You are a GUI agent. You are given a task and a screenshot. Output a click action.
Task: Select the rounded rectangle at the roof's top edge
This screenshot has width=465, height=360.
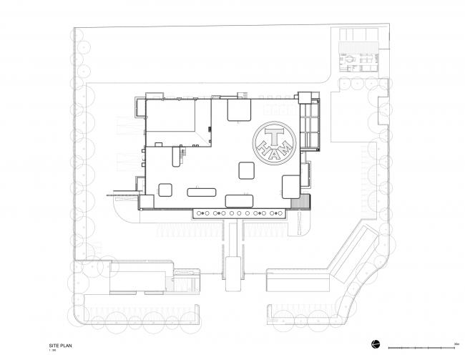point(238,110)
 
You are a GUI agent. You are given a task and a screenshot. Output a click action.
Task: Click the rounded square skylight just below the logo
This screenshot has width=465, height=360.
point(247,170)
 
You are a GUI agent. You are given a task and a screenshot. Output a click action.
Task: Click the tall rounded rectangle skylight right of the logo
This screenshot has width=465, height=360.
point(291,186)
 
